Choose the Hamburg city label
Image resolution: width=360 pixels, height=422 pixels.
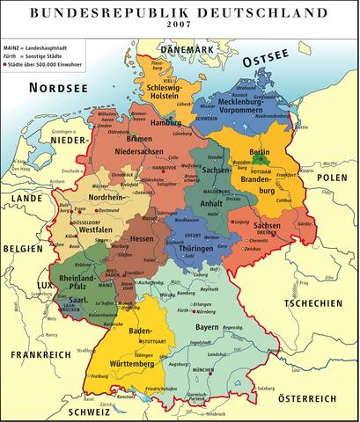[165, 122]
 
